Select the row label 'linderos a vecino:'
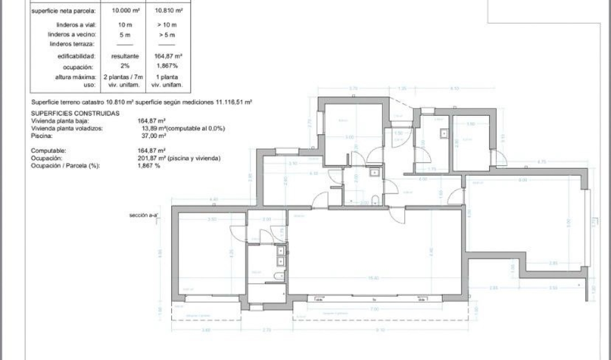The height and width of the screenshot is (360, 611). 72,35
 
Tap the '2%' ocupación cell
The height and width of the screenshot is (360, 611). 119,66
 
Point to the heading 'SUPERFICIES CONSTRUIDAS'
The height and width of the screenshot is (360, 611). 75,113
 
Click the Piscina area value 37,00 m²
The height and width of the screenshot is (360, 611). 154,136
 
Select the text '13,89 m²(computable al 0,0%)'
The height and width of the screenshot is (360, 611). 181,129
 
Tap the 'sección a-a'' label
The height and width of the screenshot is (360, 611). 144,215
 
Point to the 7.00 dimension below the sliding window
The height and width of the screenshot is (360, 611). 374,309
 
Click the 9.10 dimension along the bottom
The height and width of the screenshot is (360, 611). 380,330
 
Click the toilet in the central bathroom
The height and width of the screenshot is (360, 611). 376,199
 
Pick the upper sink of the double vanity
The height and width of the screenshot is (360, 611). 280,251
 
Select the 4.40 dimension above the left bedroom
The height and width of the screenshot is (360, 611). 213,199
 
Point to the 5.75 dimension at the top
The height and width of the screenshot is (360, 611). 353,88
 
